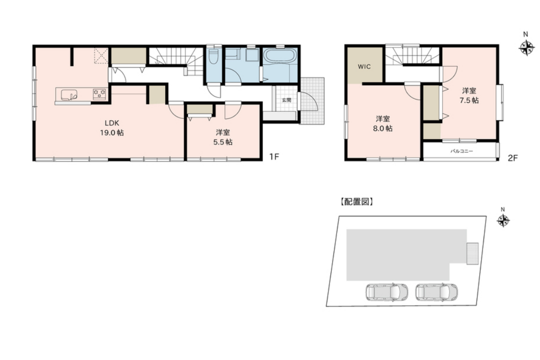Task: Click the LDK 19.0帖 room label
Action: [x=112, y=128]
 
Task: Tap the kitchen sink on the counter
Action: [x=69, y=94]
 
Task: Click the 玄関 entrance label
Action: [x=286, y=100]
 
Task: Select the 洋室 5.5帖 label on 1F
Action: [x=223, y=137]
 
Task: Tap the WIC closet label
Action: [x=364, y=67]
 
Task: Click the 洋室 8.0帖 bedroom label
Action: [x=383, y=123]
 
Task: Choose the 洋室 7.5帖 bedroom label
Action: [x=469, y=95]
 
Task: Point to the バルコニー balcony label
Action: [x=461, y=151]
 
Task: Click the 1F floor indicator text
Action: [x=274, y=157]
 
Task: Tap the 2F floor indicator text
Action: [x=513, y=158]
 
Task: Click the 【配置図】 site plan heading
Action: [x=356, y=202]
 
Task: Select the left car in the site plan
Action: [x=386, y=292]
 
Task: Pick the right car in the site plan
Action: [x=436, y=292]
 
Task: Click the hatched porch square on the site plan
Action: [x=472, y=253]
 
